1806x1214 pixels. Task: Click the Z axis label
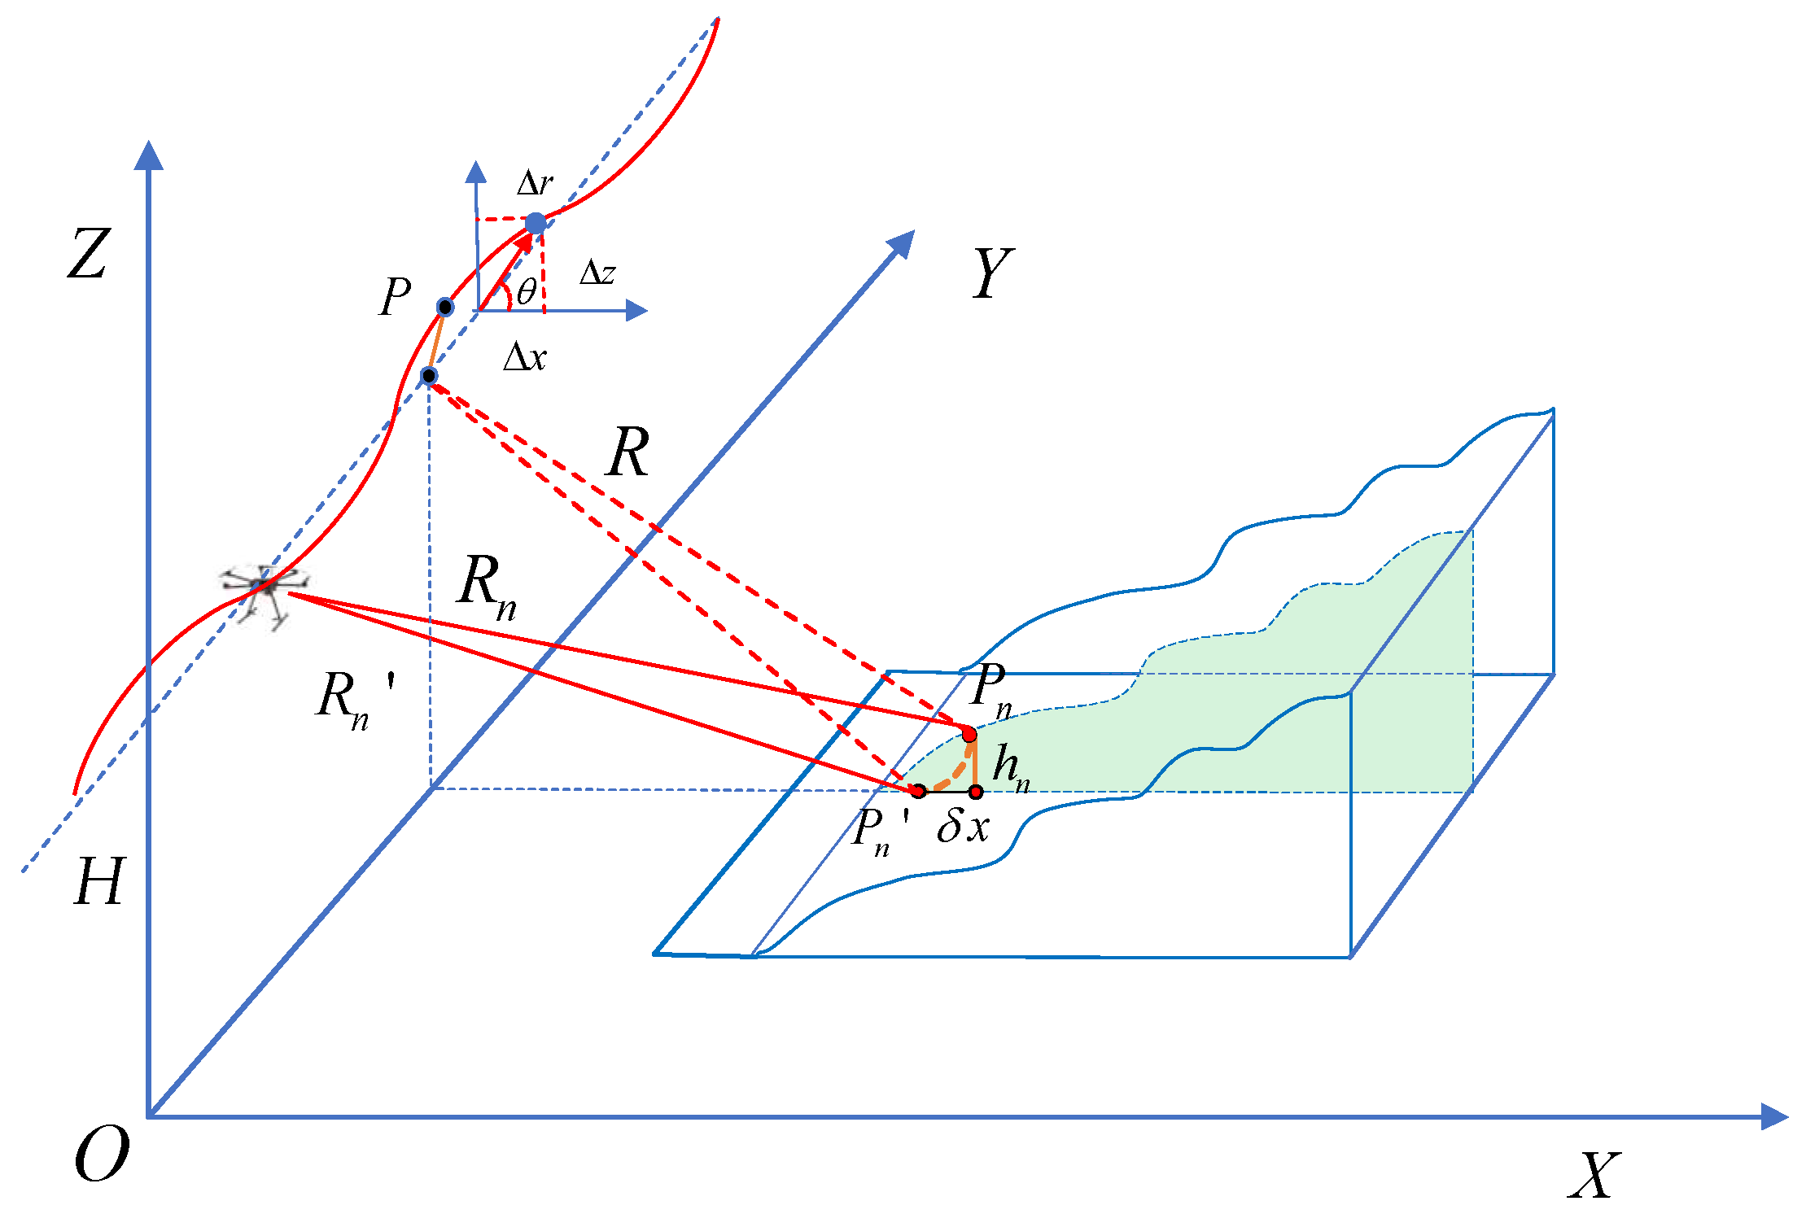pos(88,254)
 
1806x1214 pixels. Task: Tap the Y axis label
pos(992,273)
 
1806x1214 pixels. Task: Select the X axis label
pos(1594,1175)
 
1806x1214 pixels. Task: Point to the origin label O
pos(101,1155)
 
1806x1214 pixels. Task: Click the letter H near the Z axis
pos(99,882)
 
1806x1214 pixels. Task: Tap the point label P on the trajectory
pos(396,296)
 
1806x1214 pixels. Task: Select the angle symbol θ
pos(527,291)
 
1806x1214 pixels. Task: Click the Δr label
pos(535,184)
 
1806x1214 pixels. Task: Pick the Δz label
pos(597,273)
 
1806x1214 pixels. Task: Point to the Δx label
pos(525,356)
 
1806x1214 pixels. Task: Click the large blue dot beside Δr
pos(536,223)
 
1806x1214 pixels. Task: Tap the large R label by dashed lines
pos(628,452)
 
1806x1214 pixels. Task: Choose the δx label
pos(963,828)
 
